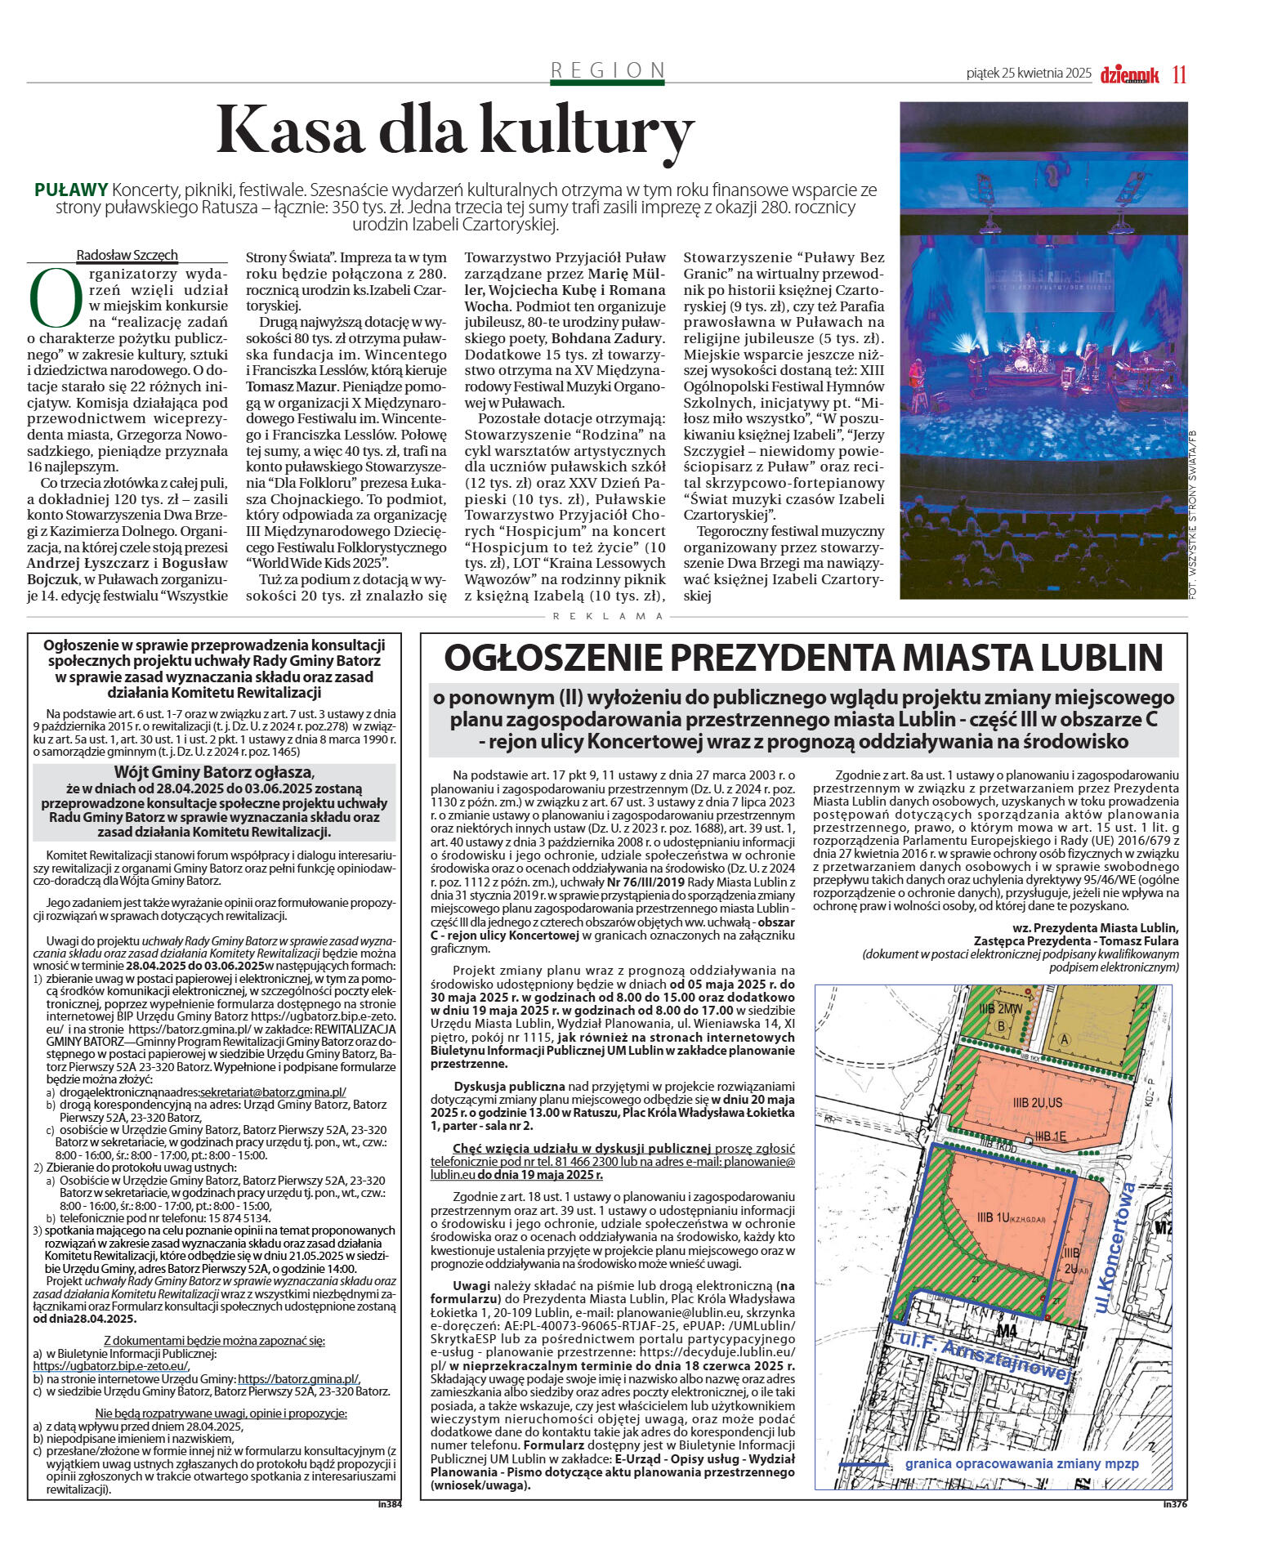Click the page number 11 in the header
click(1179, 74)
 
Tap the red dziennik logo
click(1129, 74)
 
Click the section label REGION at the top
click(607, 70)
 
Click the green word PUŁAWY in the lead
click(71, 190)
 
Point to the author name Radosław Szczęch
click(127, 255)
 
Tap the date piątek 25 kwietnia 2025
click(1028, 74)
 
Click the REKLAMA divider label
click(608, 616)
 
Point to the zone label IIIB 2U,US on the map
click(1037, 1103)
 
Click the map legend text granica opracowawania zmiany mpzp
click(1021, 1463)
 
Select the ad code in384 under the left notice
click(390, 1503)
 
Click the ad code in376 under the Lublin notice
click(1175, 1503)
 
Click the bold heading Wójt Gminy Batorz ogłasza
click(212, 772)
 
